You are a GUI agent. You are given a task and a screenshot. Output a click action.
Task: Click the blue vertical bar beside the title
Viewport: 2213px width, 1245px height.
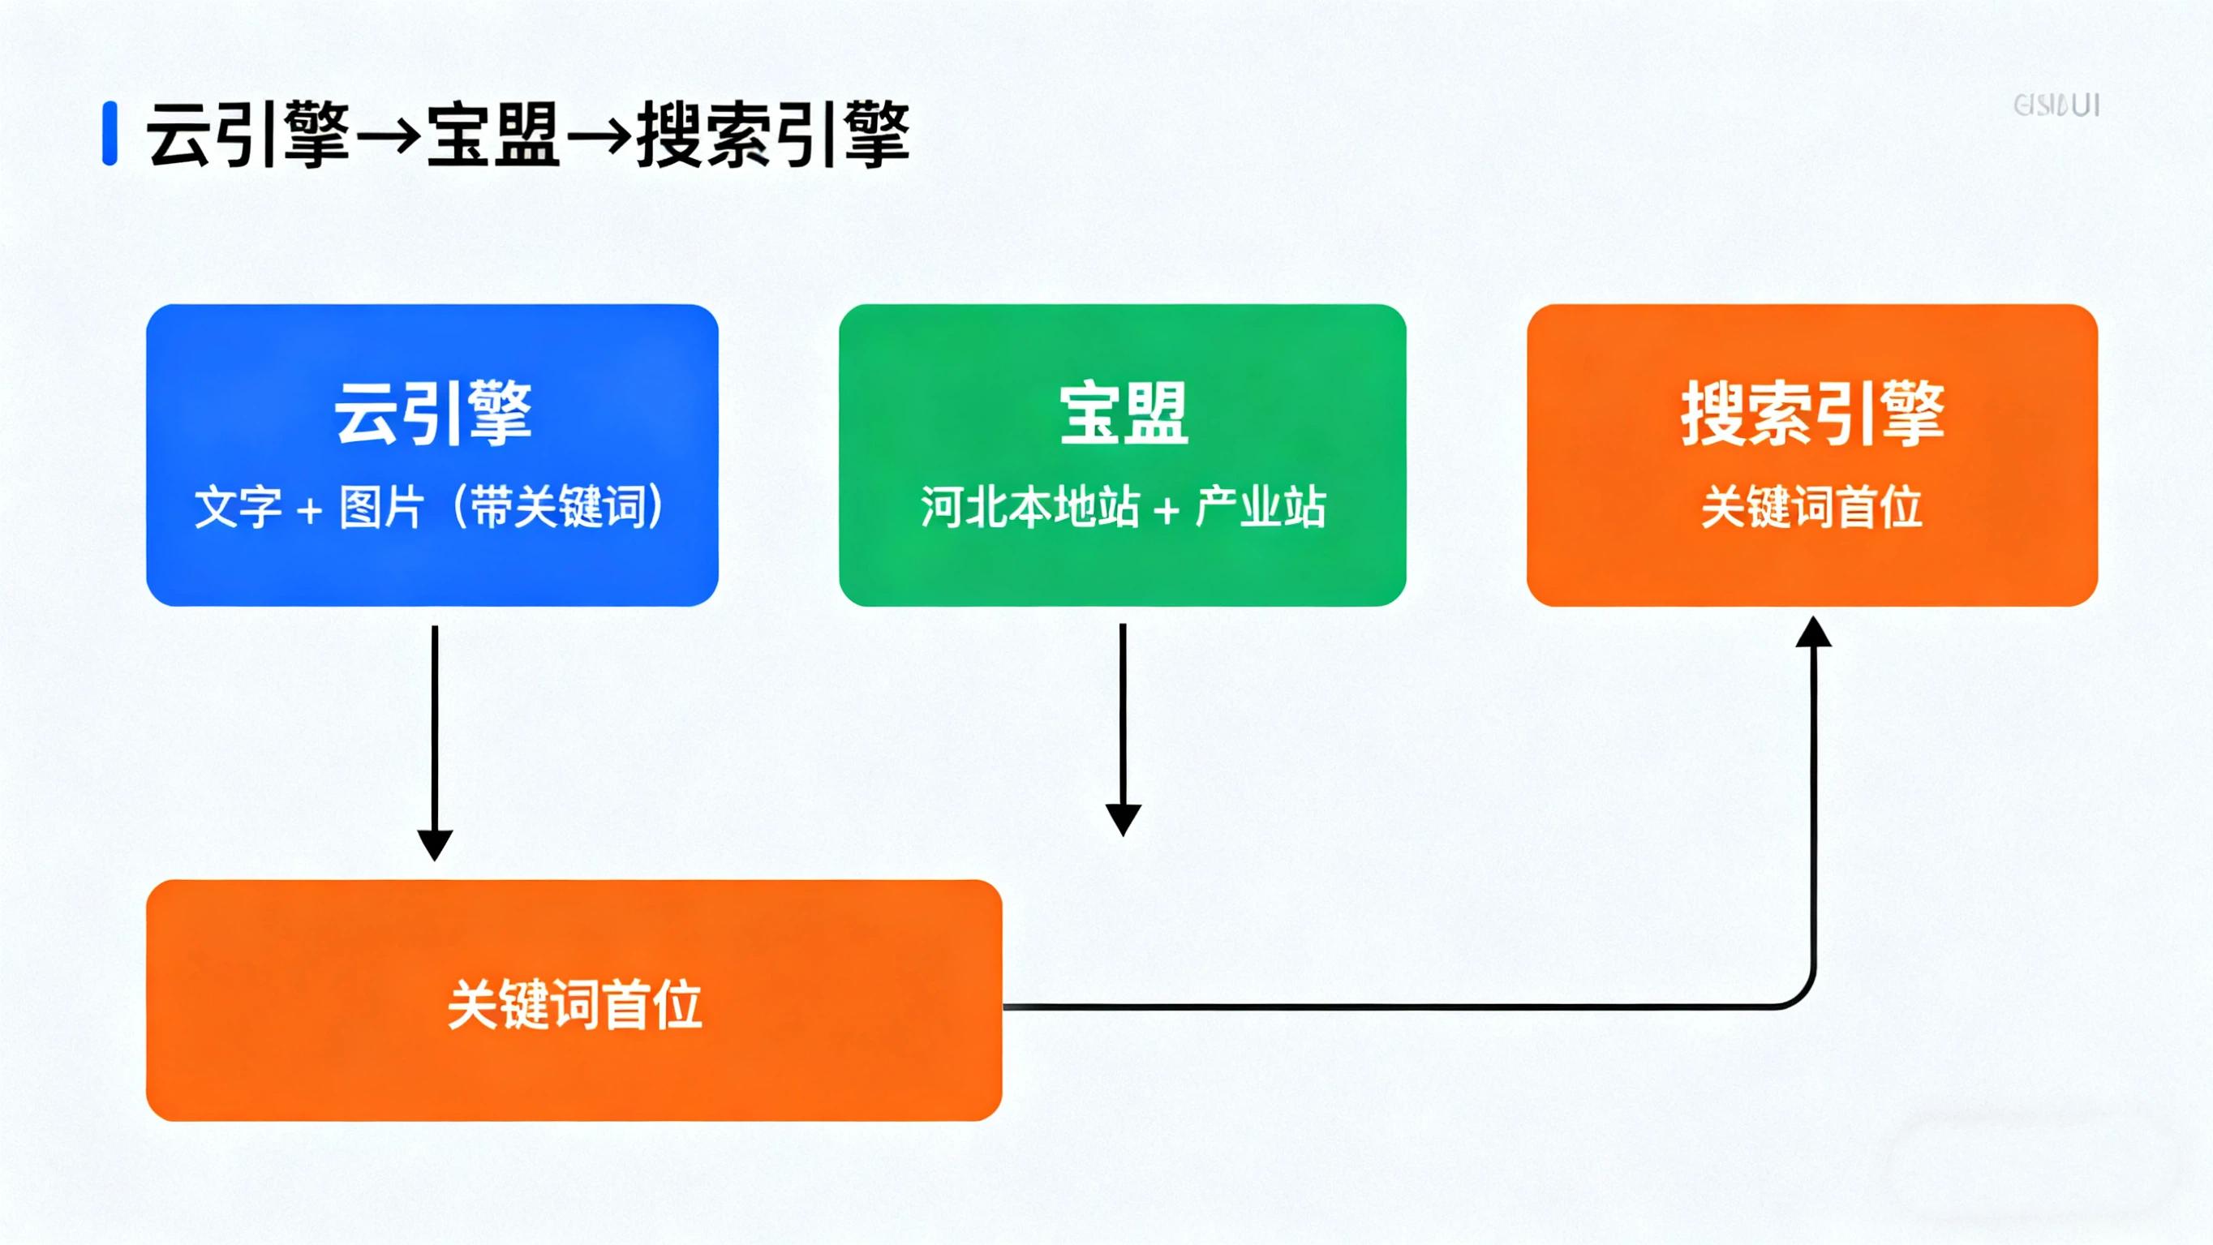pos(109,133)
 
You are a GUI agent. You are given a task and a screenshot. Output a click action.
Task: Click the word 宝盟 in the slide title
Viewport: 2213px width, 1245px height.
pos(493,135)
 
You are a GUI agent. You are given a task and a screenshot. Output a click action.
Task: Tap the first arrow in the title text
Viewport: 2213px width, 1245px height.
pos(388,135)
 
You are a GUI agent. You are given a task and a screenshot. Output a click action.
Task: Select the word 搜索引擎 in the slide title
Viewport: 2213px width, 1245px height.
pos(773,135)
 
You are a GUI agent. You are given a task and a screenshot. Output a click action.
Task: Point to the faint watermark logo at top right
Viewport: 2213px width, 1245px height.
pos(2056,105)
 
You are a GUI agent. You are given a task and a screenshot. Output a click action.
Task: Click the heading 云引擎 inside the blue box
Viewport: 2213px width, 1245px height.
pos(433,414)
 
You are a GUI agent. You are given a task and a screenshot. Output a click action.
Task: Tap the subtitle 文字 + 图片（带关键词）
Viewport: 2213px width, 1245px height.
pos(430,507)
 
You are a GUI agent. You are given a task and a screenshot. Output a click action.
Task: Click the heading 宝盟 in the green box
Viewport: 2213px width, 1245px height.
pos(1124,414)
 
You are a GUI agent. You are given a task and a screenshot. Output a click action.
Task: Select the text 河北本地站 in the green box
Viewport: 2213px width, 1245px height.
pos(1030,507)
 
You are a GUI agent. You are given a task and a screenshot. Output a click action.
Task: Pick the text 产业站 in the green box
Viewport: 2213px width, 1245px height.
pos(1261,507)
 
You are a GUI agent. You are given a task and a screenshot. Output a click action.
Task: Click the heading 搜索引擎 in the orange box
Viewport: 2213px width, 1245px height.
pos(1813,414)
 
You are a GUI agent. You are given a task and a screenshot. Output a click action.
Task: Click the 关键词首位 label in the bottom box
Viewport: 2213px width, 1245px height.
pos(574,1004)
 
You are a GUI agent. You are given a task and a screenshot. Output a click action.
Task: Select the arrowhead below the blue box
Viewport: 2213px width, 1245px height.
pos(435,844)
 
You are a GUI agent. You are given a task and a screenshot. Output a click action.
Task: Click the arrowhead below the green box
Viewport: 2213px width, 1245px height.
pos(1123,820)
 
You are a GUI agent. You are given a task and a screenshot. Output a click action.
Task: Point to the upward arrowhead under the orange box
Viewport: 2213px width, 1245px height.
pos(1814,633)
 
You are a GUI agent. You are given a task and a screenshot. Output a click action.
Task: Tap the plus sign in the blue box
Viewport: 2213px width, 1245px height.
pos(309,510)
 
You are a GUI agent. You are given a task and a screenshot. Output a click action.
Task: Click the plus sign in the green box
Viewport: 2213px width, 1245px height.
pos(1167,510)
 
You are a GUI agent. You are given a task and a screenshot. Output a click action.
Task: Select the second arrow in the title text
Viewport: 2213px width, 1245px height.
pos(599,135)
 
